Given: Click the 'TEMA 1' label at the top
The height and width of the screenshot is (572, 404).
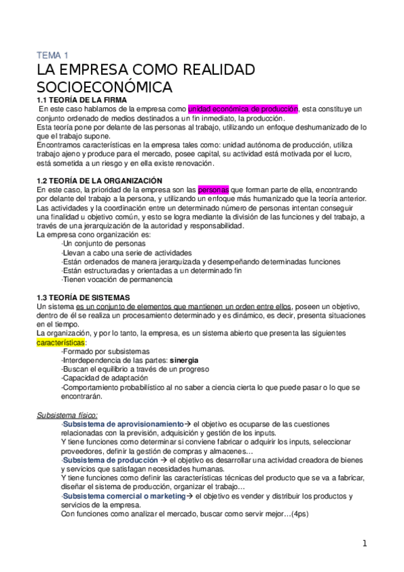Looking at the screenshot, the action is pyautogui.click(x=52, y=56).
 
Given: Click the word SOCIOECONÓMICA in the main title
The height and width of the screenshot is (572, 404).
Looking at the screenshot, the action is pyautogui.click(x=104, y=87).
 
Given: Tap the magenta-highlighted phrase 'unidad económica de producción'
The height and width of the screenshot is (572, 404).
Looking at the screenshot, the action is pyautogui.click(x=243, y=109).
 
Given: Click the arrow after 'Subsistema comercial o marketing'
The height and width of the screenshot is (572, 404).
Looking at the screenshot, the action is pyautogui.click(x=190, y=496).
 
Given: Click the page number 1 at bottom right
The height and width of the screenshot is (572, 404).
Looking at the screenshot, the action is pyautogui.click(x=364, y=543).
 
